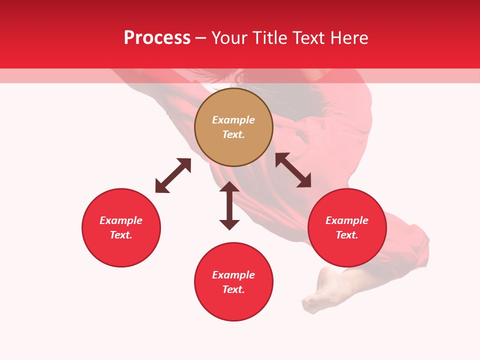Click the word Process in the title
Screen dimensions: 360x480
(157, 38)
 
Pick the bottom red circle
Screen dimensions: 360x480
(233, 305)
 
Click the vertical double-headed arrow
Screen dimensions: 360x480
(229, 205)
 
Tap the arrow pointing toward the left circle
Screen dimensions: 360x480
(173, 175)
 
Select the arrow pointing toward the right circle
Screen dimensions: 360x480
(293, 170)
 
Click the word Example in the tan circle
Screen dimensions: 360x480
(233, 120)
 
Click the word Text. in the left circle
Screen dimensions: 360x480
(121, 235)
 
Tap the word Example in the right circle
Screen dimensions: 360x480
(347, 220)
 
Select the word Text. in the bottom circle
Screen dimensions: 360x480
(233, 289)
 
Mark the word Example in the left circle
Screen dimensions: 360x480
(121, 220)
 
